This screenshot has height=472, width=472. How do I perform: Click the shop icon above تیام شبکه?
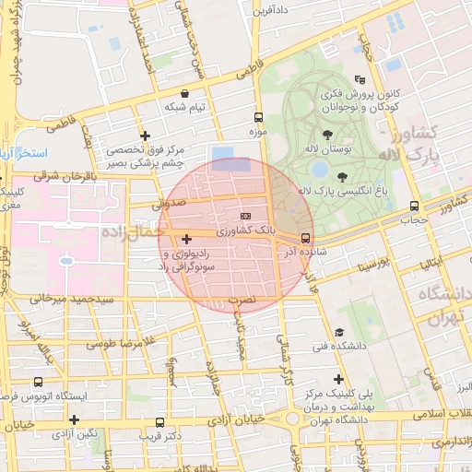[x=185, y=93]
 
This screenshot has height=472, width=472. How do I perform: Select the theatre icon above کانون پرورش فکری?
[x=372, y=80]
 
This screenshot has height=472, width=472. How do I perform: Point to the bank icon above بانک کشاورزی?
[x=244, y=214]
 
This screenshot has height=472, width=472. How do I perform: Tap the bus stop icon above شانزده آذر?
[x=305, y=238]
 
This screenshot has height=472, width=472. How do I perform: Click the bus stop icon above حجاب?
[x=413, y=206]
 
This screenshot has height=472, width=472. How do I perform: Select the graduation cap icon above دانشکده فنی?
[x=339, y=333]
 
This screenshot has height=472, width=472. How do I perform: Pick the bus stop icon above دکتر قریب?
[x=159, y=423]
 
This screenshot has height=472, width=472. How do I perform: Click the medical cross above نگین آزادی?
[x=74, y=419]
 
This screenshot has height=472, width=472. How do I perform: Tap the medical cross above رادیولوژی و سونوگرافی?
[x=186, y=239]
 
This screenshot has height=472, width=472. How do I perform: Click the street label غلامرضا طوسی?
[x=119, y=343]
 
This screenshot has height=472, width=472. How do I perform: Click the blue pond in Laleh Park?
[x=320, y=169]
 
